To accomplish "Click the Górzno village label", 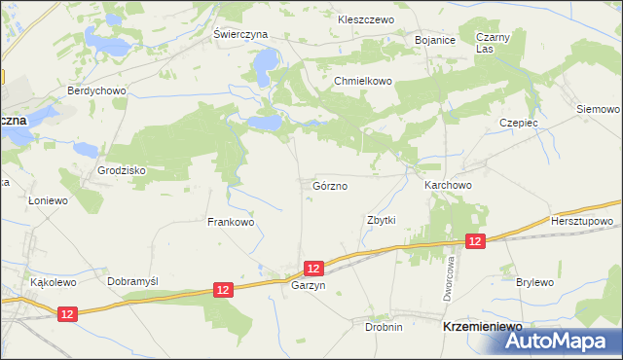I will [x=331, y=185].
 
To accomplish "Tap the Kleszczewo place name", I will [x=364, y=19].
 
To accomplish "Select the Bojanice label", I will [x=435, y=40].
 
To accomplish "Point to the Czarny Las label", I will [x=488, y=43].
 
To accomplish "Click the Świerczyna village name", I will [x=240, y=33].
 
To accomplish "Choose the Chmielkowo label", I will [x=362, y=82].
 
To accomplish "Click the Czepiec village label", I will [x=519, y=124].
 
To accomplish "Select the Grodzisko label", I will [x=121, y=170].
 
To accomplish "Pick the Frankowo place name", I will [x=231, y=222].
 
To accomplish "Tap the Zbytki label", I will [x=381, y=220].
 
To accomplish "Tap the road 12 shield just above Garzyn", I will [x=312, y=267].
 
